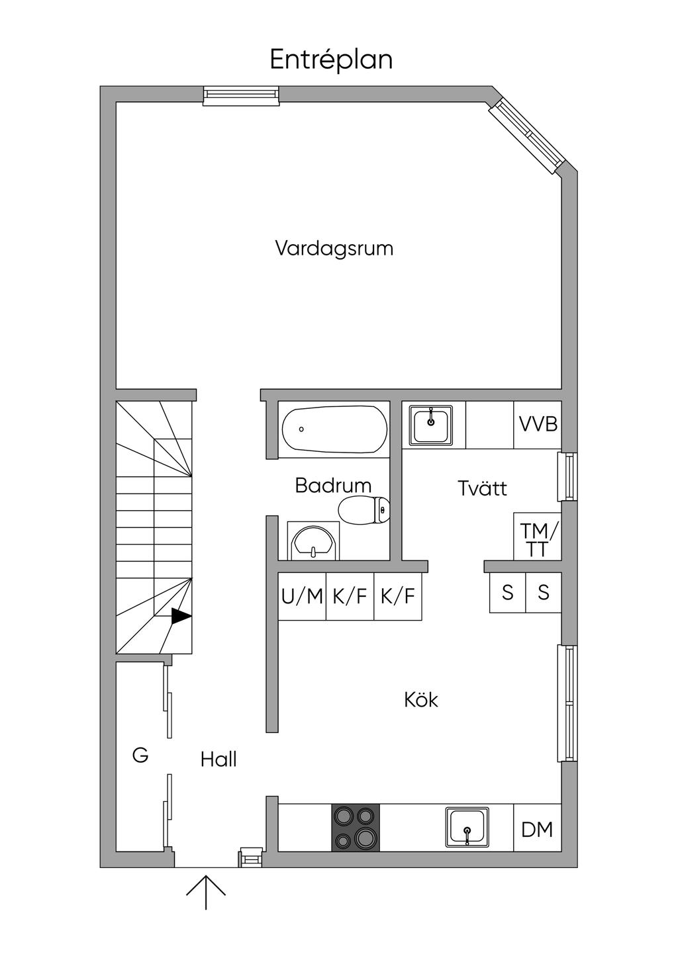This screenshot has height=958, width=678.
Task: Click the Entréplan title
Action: click(x=331, y=60)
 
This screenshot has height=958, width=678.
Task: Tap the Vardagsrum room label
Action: click(x=334, y=249)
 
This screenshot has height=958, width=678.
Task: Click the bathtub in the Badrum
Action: click(x=335, y=429)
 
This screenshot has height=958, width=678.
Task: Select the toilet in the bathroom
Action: click(x=363, y=509)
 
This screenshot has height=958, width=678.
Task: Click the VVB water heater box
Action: click(x=538, y=425)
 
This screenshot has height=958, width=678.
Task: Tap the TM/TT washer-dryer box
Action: click(x=538, y=537)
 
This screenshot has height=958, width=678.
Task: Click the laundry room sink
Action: click(x=431, y=425)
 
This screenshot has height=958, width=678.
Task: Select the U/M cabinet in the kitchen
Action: click(x=302, y=596)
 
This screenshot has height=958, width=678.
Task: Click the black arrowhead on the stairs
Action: click(x=181, y=617)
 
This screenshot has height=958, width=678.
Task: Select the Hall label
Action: click(x=218, y=760)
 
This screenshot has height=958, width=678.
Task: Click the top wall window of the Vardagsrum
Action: click(x=241, y=96)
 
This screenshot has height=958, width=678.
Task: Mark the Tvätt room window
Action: click(x=567, y=476)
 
